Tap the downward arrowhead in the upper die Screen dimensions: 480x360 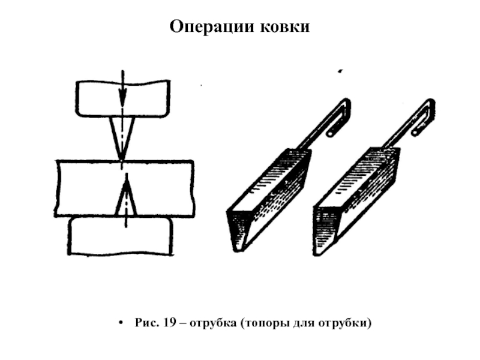122,96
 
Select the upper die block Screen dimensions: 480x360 96,99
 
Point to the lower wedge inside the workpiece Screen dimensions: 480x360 125,198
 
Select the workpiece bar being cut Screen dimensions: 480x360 78,188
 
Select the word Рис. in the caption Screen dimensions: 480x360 146,323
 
